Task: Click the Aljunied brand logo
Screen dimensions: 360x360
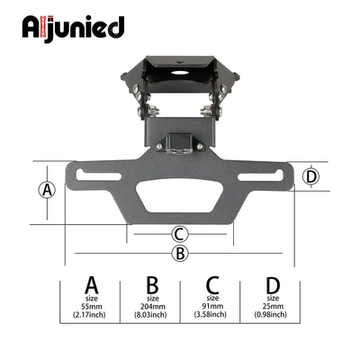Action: pyautogui.click(x=73, y=29)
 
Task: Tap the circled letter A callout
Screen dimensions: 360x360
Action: pyautogui.click(x=47, y=190)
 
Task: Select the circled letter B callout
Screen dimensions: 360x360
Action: pyautogui.click(x=180, y=253)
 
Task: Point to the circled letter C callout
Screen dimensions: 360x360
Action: pyautogui.click(x=179, y=234)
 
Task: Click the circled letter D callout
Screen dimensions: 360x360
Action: pyautogui.click(x=311, y=176)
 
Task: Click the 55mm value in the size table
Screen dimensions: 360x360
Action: pyautogui.click(x=92, y=307)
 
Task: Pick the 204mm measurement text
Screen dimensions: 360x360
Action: pyautogui.click(x=153, y=307)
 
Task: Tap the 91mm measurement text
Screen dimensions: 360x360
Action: pyautogui.click(x=212, y=306)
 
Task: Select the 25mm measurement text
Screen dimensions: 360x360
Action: pyautogui.click(x=273, y=306)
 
